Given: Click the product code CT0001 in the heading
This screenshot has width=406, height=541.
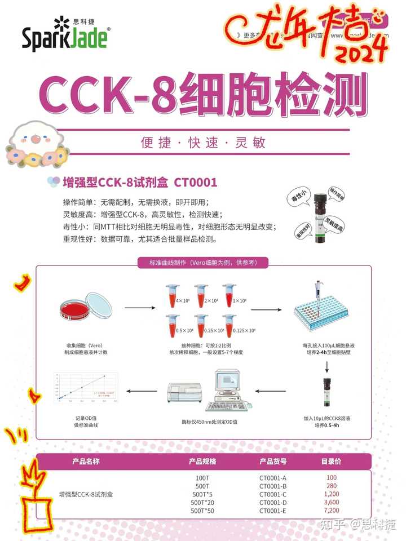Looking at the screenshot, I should [x=195, y=183].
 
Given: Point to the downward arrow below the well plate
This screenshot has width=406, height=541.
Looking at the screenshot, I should [x=327, y=367].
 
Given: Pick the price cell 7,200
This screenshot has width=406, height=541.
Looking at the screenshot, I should [x=332, y=511].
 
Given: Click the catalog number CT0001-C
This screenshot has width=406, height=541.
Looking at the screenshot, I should [x=273, y=494].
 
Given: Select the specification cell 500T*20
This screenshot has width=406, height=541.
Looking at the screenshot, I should [x=202, y=502].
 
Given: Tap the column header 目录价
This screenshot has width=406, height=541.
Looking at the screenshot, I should [x=332, y=462].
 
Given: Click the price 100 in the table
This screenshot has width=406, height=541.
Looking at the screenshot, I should [x=332, y=478].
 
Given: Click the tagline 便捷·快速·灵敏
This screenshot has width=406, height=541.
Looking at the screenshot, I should [x=203, y=143].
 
